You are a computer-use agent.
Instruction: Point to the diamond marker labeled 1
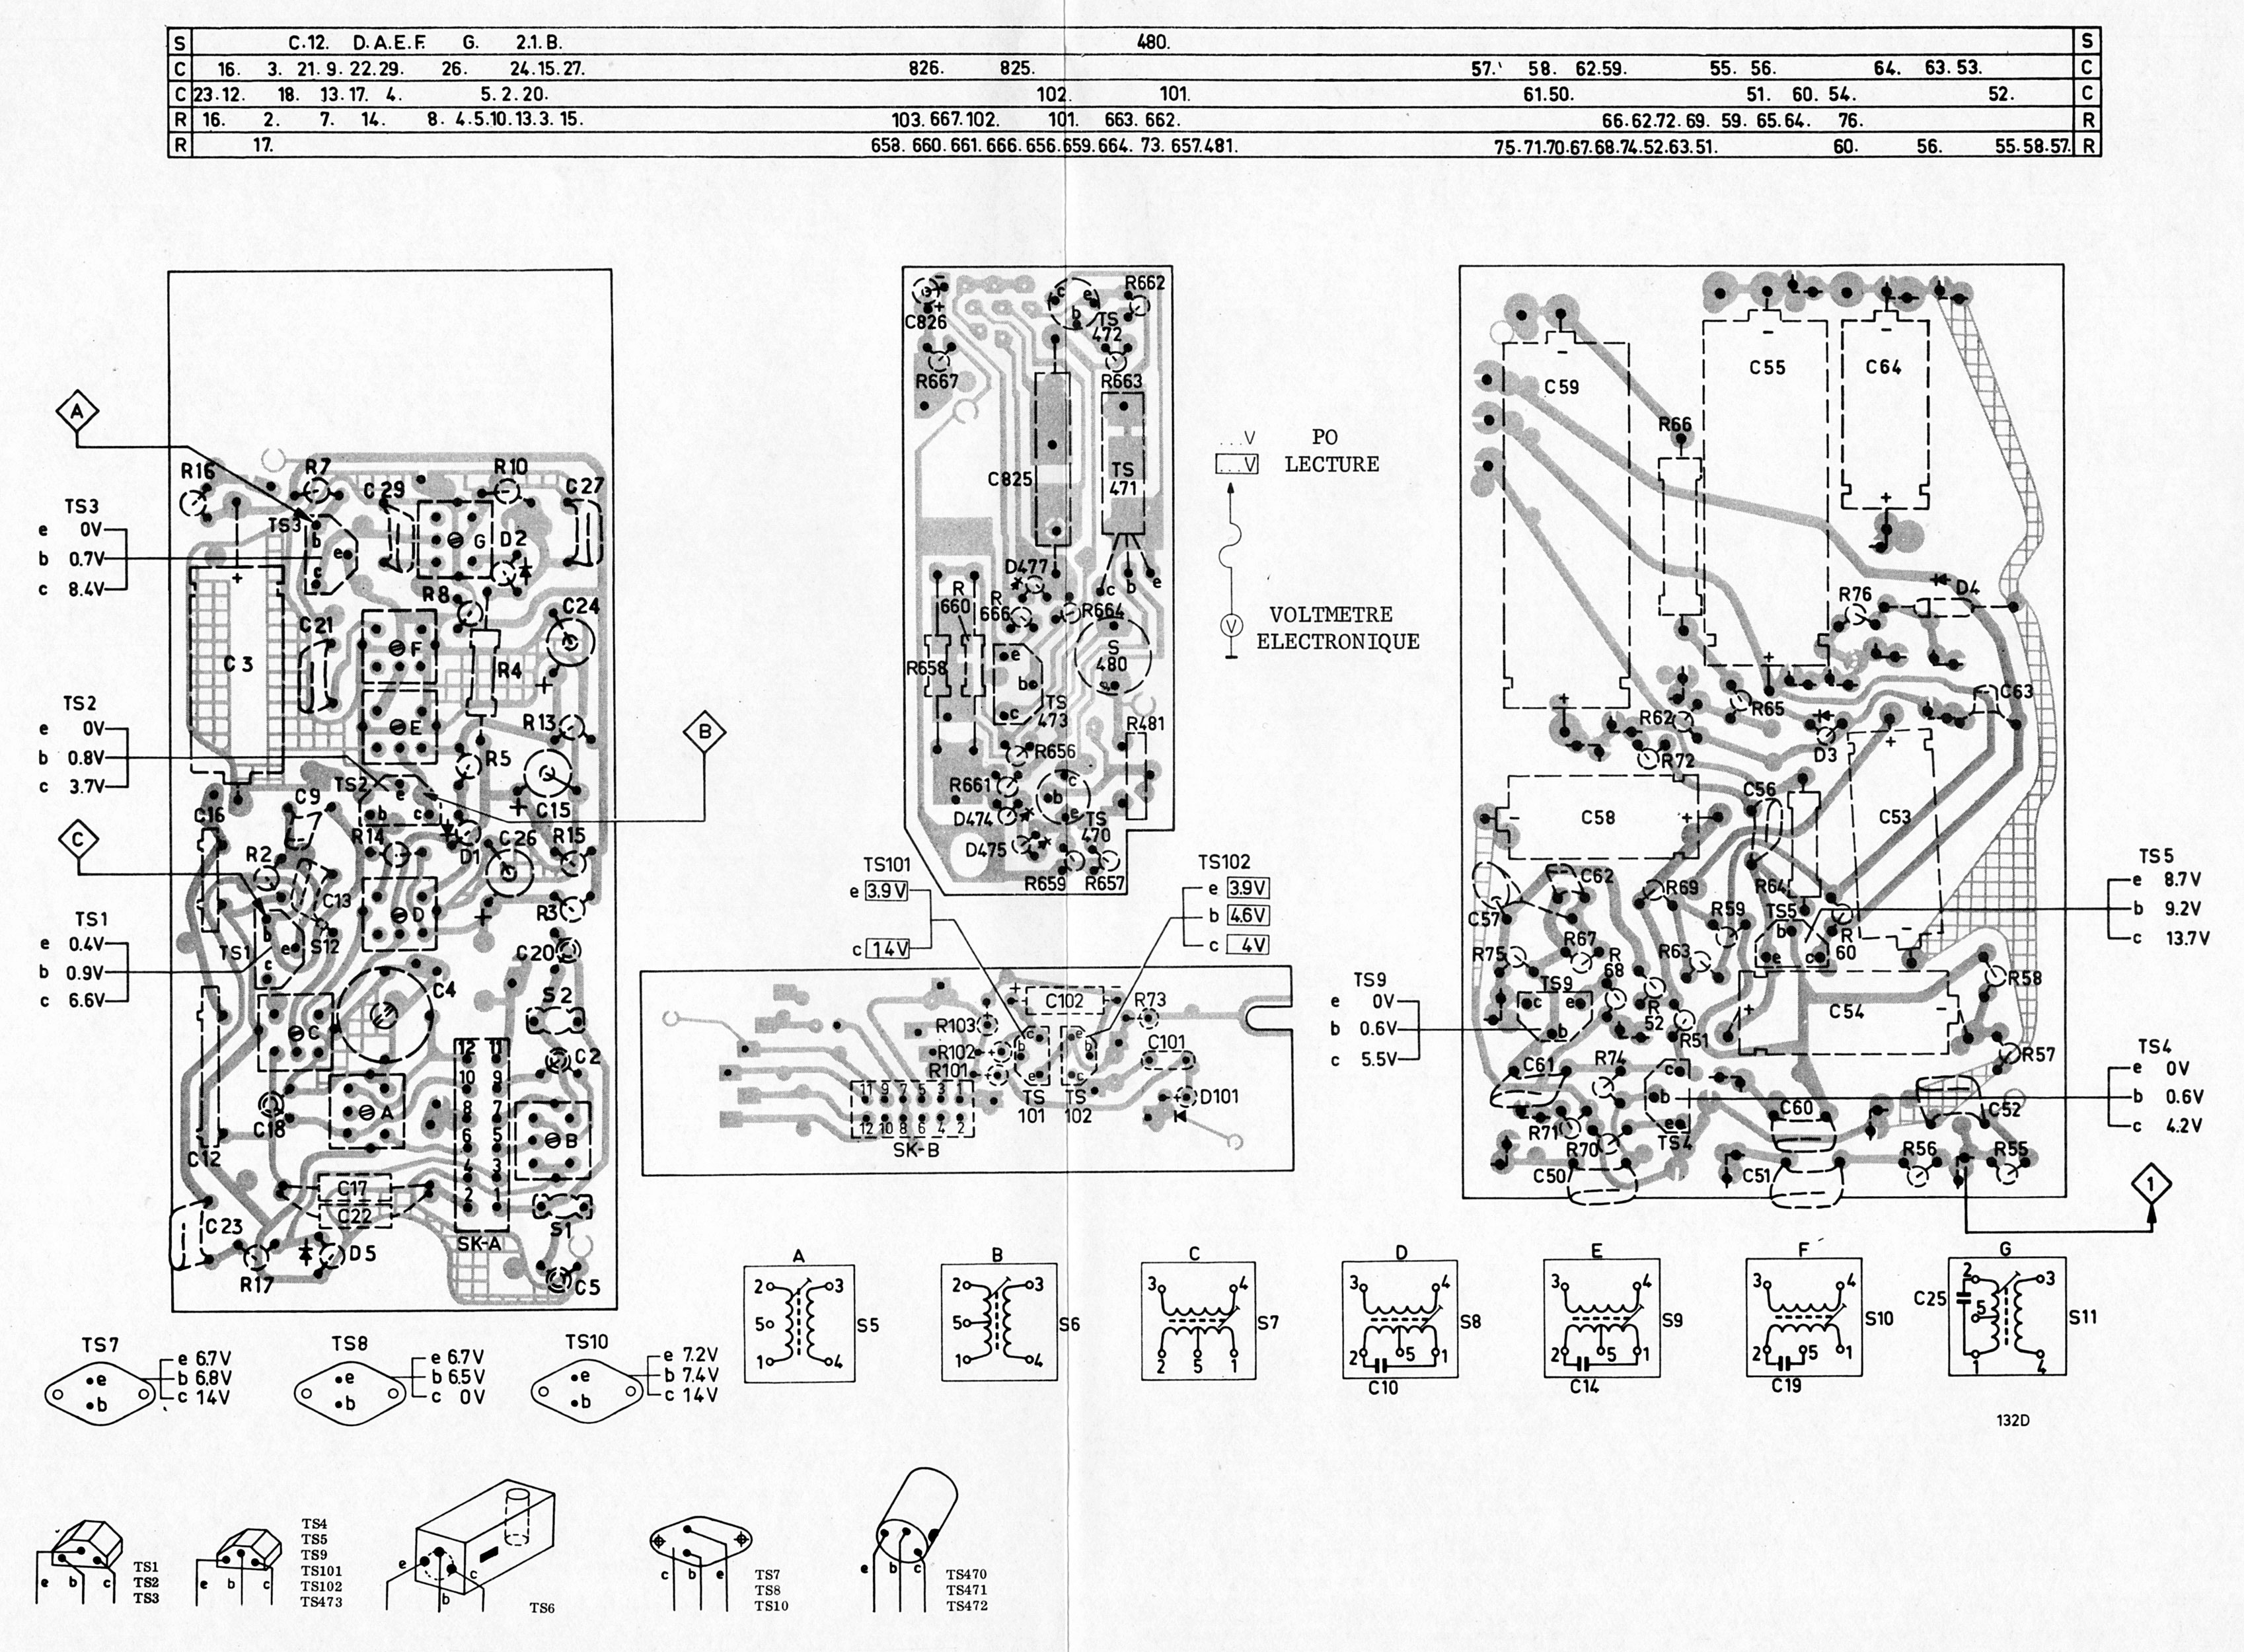tap(2151, 1185)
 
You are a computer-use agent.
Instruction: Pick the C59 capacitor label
tap(1561, 387)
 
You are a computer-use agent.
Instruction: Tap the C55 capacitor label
tap(1767, 367)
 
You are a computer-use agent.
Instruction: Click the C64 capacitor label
tap(1883, 367)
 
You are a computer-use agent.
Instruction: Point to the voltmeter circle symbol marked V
tap(1232, 625)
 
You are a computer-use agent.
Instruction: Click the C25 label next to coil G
tap(1929, 1298)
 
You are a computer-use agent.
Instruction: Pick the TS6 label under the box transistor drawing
tap(541, 1608)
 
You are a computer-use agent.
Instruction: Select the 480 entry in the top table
tap(1153, 42)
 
